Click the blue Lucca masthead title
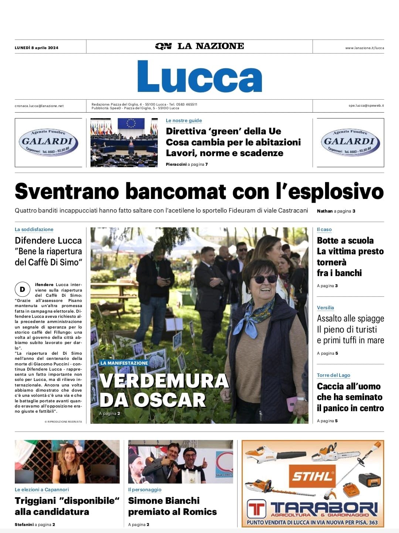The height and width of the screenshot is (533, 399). pos(199,76)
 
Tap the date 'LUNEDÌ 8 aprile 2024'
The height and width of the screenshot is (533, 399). pos(37,48)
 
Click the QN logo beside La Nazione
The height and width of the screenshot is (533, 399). pos(163,46)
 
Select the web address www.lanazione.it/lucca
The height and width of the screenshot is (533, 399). pos(364,48)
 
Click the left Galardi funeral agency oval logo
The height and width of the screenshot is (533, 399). pos(48,142)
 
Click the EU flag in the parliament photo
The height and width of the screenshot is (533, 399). pos(131,123)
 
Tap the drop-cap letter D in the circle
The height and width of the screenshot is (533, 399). pos(22,289)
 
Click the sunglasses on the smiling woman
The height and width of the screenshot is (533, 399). pos(265,279)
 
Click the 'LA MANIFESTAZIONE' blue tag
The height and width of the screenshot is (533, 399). pos(124,363)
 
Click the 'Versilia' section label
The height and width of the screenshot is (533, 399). pos(325,307)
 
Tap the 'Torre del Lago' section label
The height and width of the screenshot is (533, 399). pos(333,375)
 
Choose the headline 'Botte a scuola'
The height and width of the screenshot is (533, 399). pos(345,241)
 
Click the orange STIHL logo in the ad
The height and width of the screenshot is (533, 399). pos(312,476)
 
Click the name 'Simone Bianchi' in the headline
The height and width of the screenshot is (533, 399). pos(164,501)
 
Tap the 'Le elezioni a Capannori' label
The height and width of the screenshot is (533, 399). pos(42,489)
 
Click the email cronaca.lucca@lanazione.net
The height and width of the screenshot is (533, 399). pos(39,106)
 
